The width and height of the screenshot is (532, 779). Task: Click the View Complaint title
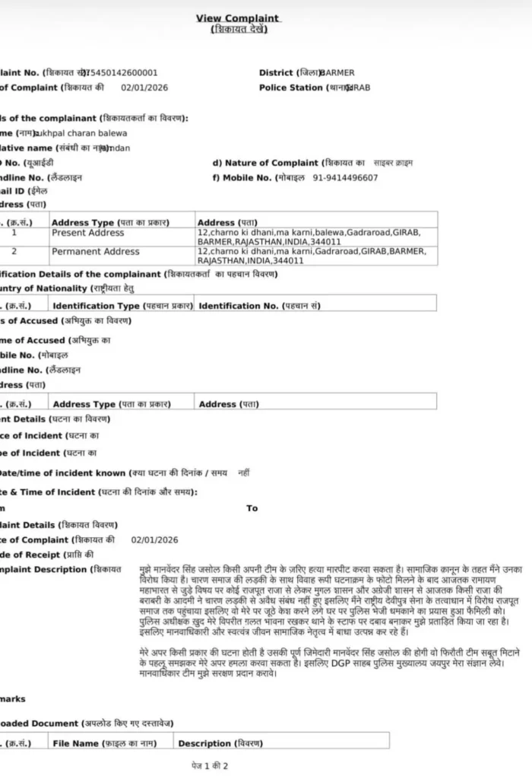click(238, 18)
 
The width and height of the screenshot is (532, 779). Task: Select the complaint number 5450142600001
click(122, 73)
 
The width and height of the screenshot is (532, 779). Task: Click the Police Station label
click(291, 87)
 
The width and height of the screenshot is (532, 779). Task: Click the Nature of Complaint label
click(271, 163)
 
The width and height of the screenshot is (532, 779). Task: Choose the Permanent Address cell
click(96, 251)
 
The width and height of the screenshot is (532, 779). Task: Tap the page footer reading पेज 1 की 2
click(210, 765)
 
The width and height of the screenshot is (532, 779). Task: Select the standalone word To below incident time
click(252, 508)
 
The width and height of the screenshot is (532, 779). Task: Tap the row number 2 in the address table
click(14, 251)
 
